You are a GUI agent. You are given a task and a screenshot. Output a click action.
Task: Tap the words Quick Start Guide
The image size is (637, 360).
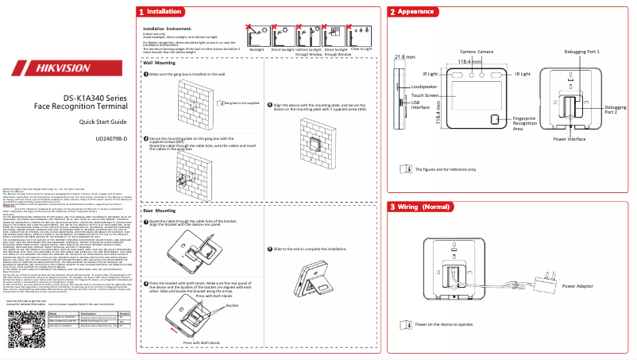102,122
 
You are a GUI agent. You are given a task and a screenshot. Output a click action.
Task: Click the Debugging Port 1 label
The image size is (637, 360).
581,52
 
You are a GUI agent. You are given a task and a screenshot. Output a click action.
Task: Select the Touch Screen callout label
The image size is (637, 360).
425,95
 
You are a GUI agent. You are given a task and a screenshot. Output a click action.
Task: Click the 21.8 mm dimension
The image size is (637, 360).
405,57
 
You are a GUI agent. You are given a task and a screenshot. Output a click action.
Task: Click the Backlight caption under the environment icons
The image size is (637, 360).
257,49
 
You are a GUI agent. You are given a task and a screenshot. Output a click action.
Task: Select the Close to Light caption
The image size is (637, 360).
361,49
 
